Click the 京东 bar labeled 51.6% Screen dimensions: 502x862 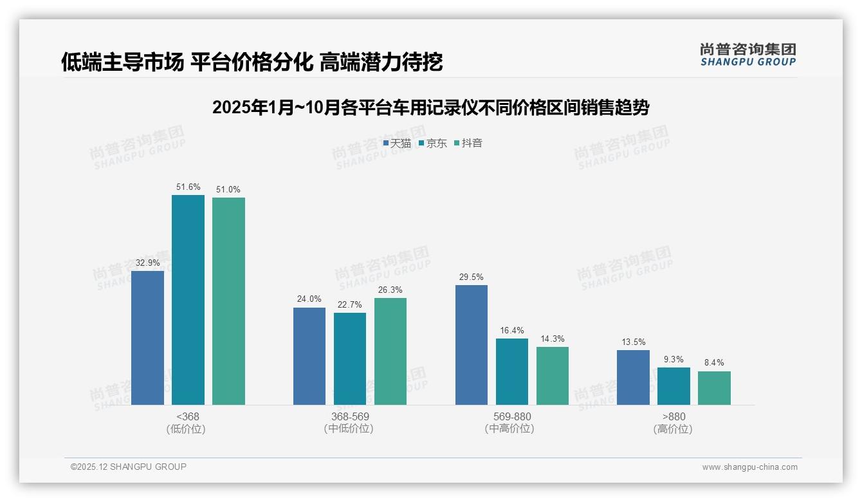point(188,300)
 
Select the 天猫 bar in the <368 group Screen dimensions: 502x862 point(147,338)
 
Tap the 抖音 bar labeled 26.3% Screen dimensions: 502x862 point(390,351)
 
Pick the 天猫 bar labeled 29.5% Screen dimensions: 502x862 point(472,345)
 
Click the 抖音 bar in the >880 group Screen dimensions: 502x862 point(714,388)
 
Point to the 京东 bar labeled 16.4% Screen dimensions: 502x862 point(512,371)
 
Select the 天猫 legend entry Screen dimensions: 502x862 point(397,143)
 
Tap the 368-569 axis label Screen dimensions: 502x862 point(350,416)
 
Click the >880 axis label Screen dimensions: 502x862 point(674,416)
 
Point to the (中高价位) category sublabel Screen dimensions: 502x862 point(509,429)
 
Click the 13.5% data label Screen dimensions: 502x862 point(634,342)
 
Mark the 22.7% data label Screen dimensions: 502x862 point(350,304)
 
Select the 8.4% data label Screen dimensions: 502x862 point(714,362)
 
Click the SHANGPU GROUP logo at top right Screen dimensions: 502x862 point(748,54)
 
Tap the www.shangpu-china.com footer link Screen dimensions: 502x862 point(749,467)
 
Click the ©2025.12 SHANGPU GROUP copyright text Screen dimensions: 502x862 point(129,467)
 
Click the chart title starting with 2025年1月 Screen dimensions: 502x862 point(430,107)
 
